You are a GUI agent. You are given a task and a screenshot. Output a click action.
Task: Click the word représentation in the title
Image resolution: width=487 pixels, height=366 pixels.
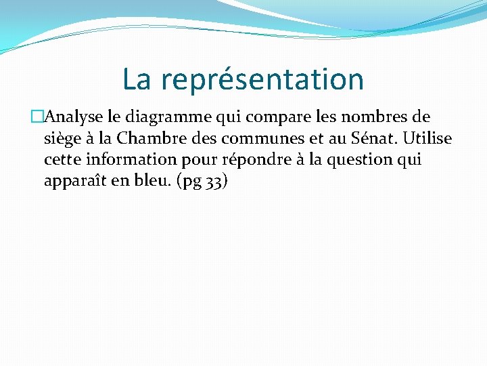click(263, 80)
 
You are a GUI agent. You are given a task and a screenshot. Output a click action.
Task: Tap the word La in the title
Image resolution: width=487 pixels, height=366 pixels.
click(137, 79)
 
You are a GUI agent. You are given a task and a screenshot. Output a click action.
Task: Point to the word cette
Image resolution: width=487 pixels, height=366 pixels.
click(61, 160)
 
